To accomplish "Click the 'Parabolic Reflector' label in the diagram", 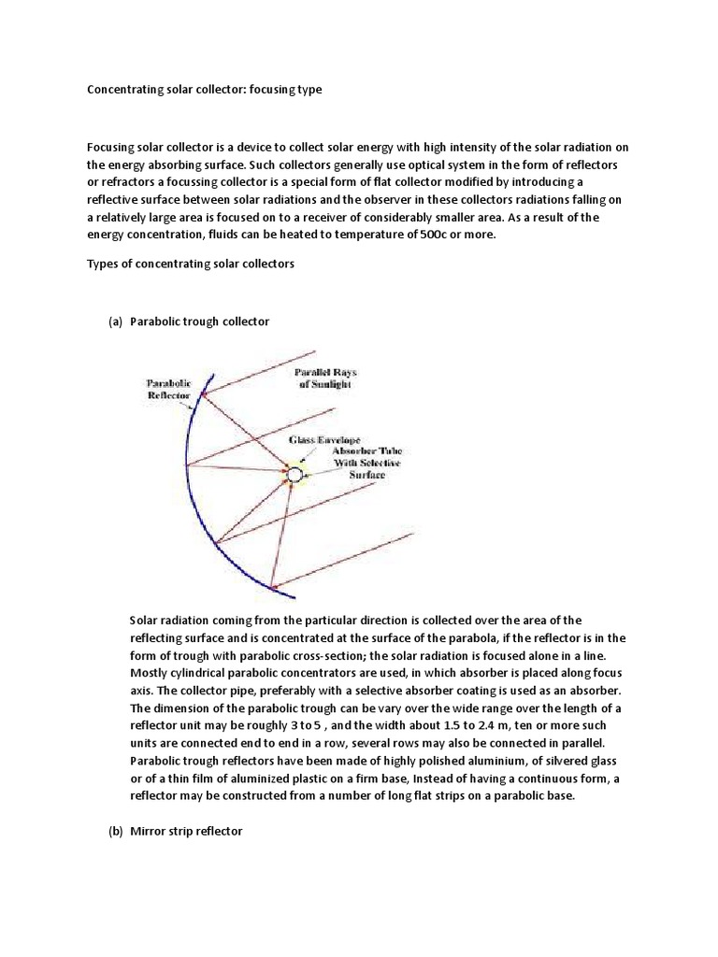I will (169, 389).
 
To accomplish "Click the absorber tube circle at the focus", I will (294, 475).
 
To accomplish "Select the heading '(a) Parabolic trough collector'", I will (189, 321).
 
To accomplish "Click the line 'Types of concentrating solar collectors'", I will (191, 264).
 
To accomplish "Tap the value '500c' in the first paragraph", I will (445, 235).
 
